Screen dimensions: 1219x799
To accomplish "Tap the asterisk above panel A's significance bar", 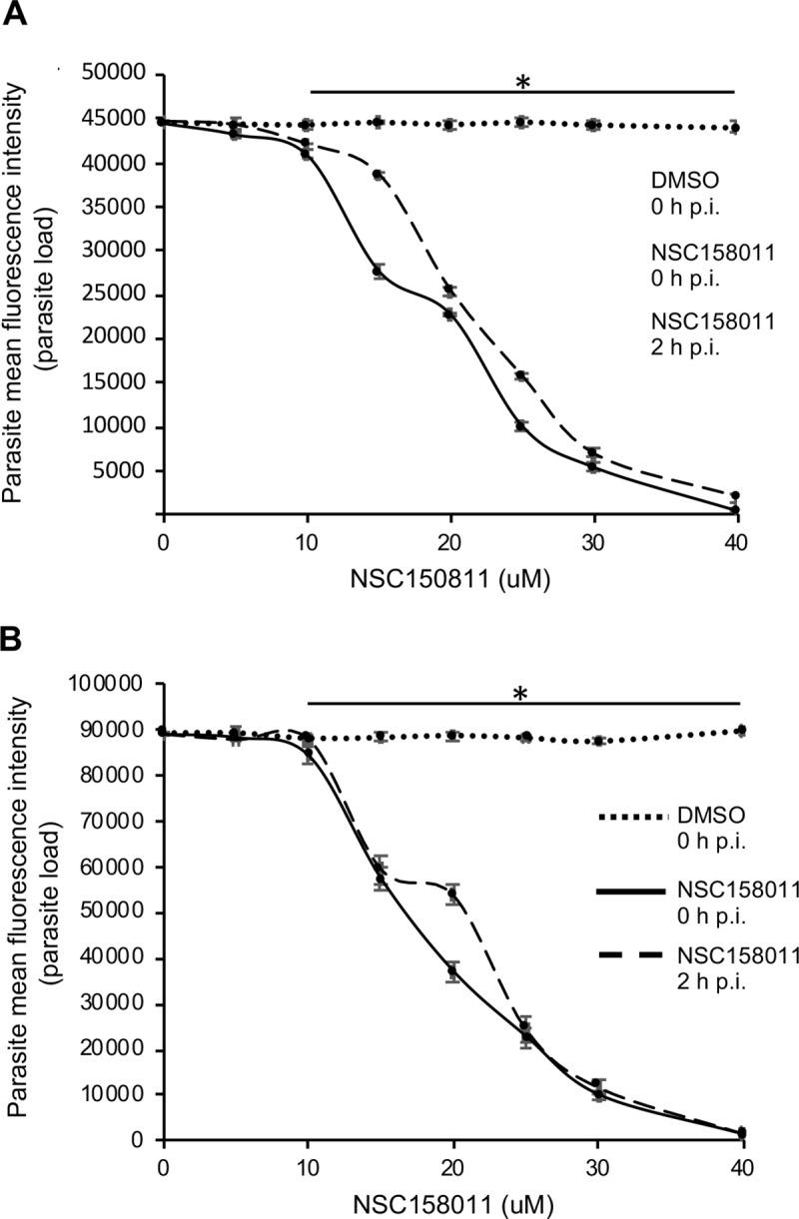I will [x=521, y=82].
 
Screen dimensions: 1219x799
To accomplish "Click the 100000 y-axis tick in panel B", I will [x=113, y=685].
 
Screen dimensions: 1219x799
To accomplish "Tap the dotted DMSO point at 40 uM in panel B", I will [x=740, y=731].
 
